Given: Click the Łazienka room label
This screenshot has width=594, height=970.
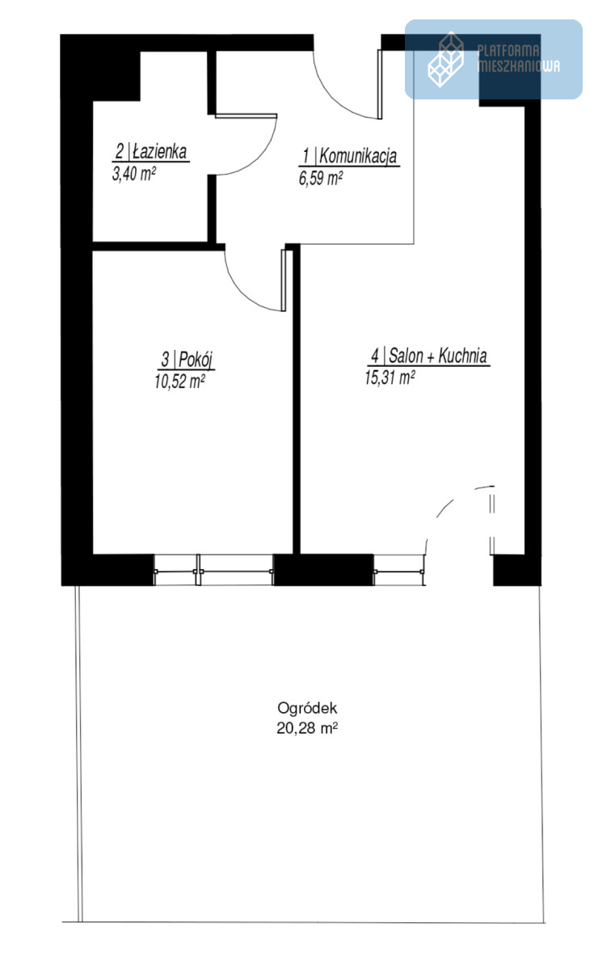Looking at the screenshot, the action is pos(150,152).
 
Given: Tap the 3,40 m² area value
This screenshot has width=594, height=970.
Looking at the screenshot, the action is pos(134,174).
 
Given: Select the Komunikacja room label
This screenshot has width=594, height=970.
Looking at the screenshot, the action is pos(349,156).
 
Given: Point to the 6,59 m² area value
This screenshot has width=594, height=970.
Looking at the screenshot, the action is pos(321,178).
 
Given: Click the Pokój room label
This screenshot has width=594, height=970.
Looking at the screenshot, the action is pos(186,360).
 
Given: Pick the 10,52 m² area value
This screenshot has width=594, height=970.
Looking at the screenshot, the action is pos(179,382).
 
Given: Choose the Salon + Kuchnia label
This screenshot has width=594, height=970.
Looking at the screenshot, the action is pos(428,356).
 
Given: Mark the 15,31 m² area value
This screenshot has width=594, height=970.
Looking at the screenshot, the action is pos(390,377).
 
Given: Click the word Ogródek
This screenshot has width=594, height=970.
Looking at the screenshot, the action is pos(307,708).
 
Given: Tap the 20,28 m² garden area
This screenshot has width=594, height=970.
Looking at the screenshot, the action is pos(307,728).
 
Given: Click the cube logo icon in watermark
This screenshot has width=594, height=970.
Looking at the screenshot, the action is pos(446,59).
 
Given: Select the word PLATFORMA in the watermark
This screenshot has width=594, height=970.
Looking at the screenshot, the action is pos(508,51).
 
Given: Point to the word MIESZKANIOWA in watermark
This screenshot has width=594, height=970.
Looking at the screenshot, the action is pos(519,65).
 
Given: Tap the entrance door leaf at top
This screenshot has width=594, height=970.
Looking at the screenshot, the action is pos(379,84).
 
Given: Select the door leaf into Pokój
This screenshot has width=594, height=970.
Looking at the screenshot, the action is pos(284,280).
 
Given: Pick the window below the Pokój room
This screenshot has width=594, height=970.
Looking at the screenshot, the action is pos(214,571).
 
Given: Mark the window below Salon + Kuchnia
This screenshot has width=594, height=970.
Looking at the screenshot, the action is pos(399,571).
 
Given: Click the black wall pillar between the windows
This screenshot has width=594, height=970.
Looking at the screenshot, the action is pos(324,570).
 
